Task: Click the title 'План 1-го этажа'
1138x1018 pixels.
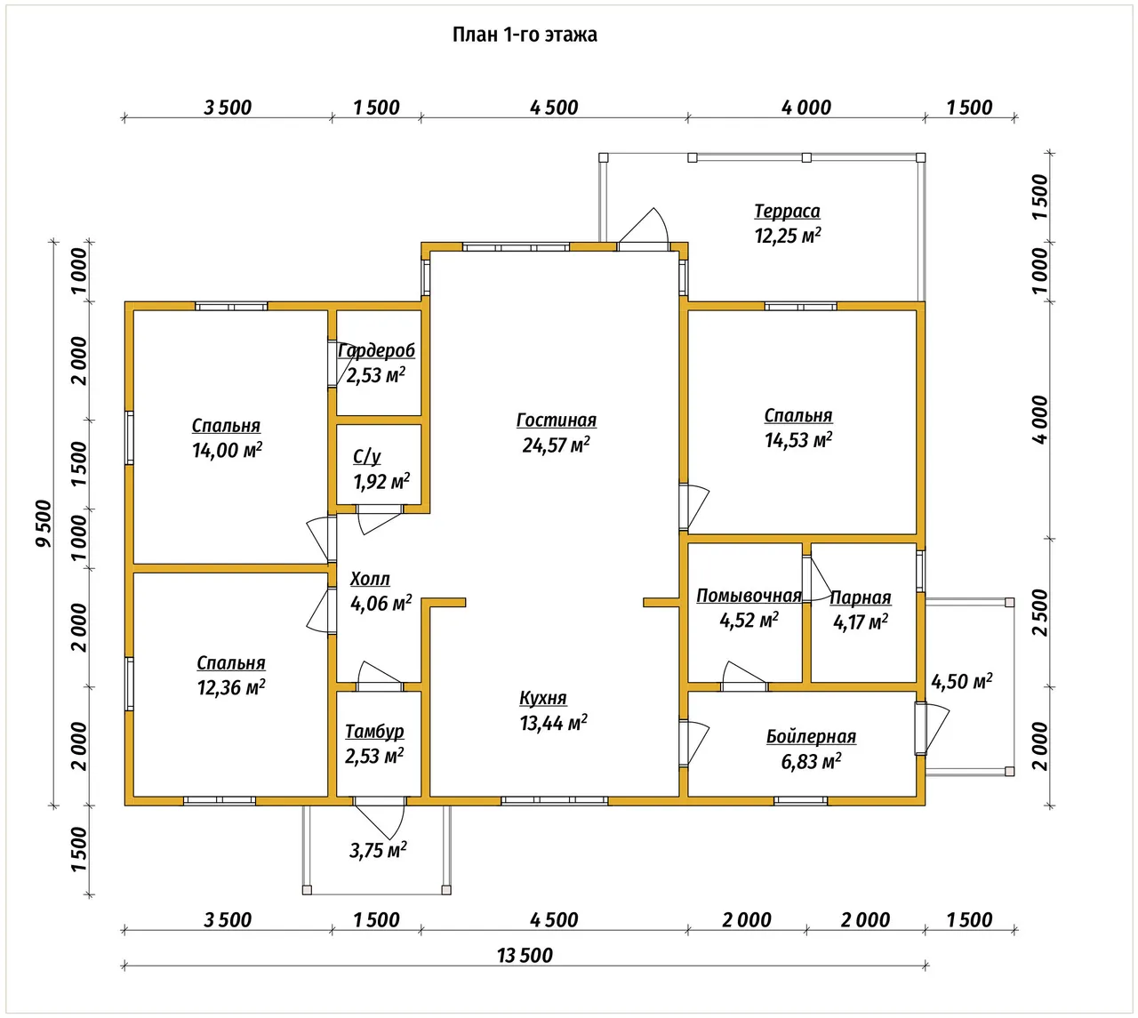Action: [525, 35]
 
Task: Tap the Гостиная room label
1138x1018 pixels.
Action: [556, 420]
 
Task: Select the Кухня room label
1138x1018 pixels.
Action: [542, 698]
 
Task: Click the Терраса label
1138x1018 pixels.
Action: [787, 211]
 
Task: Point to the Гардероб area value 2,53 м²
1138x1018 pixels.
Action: [375, 374]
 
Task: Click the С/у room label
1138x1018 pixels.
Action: [367, 457]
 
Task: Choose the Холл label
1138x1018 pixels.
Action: [370, 578]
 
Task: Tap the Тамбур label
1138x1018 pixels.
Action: [374, 732]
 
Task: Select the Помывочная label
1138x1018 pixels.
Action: [749, 596]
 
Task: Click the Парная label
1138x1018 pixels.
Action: [860, 597]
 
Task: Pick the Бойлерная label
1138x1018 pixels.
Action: [811, 736]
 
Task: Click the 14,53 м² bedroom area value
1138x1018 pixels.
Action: [798, 440]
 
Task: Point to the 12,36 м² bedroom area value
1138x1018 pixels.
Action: [231, 687]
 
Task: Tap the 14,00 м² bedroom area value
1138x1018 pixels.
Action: [227, 450]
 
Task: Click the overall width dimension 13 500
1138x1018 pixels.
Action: [525, 955]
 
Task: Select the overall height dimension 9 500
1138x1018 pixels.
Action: [44, 523]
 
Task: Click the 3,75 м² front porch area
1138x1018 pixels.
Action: [378, 850]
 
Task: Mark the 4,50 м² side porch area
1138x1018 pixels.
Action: [962, 681]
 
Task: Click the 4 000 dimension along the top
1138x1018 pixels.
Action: [806, 108]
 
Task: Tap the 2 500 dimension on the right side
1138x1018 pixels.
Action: [1039, 613]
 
